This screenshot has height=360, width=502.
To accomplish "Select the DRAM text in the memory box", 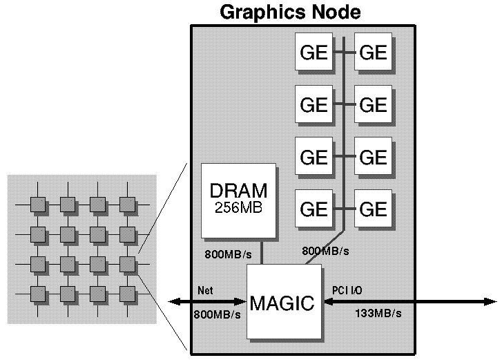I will click(238, 190).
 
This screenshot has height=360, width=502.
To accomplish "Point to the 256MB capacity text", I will click(238, 207).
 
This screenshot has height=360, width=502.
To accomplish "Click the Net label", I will click(206, 290).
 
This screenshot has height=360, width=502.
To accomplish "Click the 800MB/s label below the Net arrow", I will click(218, 314).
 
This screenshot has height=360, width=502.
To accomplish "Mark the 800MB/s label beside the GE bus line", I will click(325, 249).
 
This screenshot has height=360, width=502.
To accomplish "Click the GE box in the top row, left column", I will click(314, 52).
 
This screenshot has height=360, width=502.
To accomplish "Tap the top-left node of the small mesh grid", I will click(39, 205).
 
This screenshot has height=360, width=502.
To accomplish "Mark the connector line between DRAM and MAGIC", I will click(262, 253).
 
